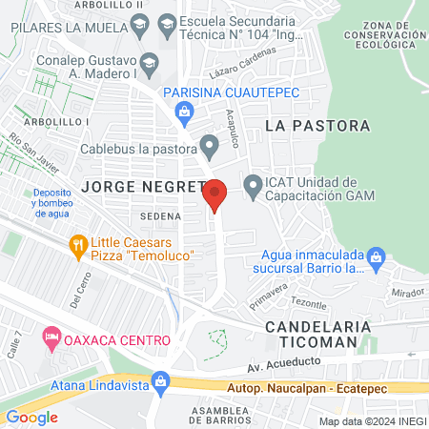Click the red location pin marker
(x=215, y=194)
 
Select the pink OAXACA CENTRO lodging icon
(x=51, y=338)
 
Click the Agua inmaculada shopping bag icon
(x=377, y=256)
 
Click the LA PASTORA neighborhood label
(x=317, y=126)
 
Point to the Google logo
(x=31, y=417)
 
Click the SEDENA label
(x=157, y=215)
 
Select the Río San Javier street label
(x=26, y=153)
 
